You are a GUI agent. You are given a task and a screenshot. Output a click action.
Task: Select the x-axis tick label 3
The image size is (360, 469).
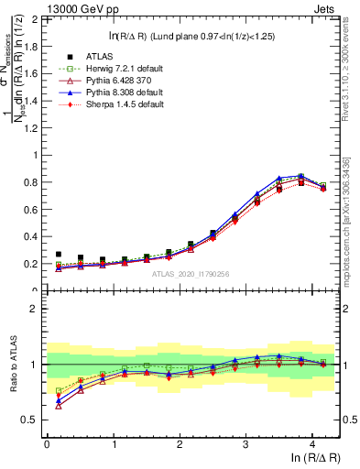(x=245, y=444)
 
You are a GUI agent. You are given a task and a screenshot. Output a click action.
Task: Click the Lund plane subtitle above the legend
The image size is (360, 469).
(x=193, y=36)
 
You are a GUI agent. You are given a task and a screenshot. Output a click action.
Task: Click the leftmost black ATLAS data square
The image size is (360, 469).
(x=59, y=255)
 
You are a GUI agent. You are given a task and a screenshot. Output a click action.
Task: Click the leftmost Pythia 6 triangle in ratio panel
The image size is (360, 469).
(x=59, y=405)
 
